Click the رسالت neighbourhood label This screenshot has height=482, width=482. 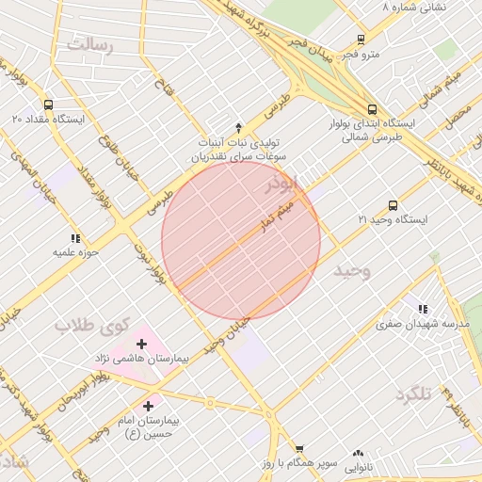tap(88, 45)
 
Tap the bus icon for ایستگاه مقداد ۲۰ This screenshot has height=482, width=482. tap(49, 105)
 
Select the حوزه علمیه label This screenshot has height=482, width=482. tap(74, 252)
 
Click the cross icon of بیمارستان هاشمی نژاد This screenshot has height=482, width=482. tap(142, 345)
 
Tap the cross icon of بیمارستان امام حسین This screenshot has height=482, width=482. tap(148, 405)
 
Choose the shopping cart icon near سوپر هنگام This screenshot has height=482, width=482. tap(299, 450)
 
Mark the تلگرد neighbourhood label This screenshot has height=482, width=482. tap(412, 394)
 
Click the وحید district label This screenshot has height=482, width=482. tap(353, 270)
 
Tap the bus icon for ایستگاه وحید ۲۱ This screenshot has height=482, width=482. tap(393, 205)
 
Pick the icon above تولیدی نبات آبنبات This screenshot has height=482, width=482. tap(238, 127)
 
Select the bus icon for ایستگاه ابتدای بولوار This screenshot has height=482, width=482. tap(373, 109)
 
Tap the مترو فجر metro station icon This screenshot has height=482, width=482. tap(361, 40)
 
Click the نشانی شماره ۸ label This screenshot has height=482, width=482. tap(414, 7)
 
